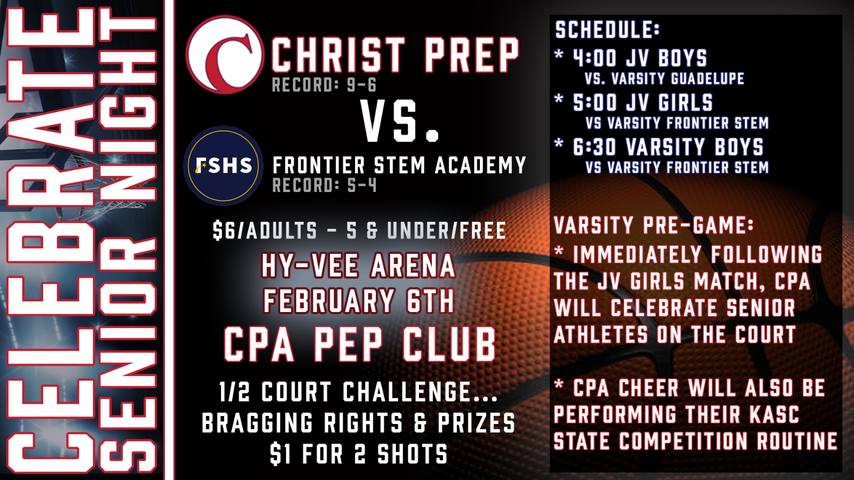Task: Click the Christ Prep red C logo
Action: point(225,55)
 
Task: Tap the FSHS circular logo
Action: point(223,166)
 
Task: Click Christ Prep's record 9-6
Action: point(362,85)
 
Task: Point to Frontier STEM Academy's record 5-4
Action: point(362,186)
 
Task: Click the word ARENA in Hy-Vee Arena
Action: point(413,266)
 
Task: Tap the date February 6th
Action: point(358,301)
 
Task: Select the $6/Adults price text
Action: point(265,231)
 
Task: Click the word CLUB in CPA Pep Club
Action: point(449,345)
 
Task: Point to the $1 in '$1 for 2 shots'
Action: point(280,454)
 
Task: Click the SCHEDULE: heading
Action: point(607,30)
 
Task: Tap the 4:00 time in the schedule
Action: point(595,58)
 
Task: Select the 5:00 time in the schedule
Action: point(595,102)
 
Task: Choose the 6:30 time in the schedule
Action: point(595,147)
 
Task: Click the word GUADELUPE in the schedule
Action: point(707,79)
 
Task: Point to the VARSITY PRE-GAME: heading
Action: point(653,225)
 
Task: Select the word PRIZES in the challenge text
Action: point(476,423)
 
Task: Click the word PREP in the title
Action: point(472,55)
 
